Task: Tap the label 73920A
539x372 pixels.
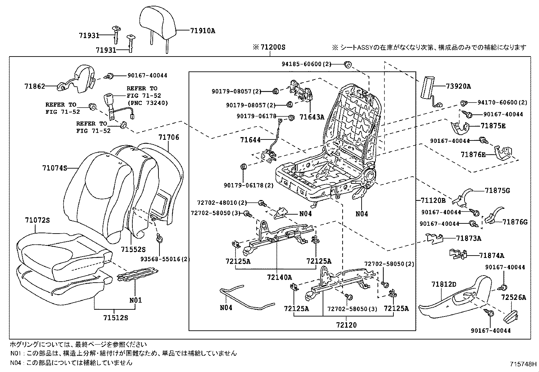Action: (458, 86)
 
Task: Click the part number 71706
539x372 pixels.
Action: (169, 137)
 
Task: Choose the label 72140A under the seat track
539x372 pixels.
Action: (279, 278)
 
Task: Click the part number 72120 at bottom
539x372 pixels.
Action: (346, 325)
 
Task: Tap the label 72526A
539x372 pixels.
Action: (514, 298)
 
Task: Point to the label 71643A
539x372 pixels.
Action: (312, 117)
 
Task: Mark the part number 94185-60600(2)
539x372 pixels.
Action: (306, 64)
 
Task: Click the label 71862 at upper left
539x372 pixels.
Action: (35, 86)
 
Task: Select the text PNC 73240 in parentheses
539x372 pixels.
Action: (147, 103)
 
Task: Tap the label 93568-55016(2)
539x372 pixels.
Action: (165, 259)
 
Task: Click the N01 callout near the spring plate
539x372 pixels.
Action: (135, 300)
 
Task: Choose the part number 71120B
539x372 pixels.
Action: (433, 200)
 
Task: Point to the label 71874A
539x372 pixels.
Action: (492, 256)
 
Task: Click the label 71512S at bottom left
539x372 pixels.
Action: (116, 318)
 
